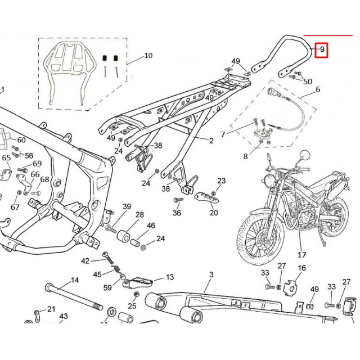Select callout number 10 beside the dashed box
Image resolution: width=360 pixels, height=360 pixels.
point(148,56)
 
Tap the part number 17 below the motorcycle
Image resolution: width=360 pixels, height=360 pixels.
point(301,254)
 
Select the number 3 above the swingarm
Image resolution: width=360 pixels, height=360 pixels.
point(211,274)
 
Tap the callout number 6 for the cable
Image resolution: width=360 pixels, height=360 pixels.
point(318,89)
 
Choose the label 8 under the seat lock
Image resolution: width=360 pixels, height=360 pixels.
point(245,156)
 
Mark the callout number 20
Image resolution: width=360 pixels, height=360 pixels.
point(213,213)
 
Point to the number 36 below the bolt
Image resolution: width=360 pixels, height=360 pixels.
point(177,213)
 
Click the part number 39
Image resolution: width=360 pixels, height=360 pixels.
point(127,207)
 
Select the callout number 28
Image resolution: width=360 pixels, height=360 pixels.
point(139,214)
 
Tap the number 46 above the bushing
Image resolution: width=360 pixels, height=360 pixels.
point(151,226)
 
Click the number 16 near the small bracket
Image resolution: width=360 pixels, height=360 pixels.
point(301,268)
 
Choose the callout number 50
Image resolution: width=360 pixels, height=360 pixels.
point(307,82)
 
